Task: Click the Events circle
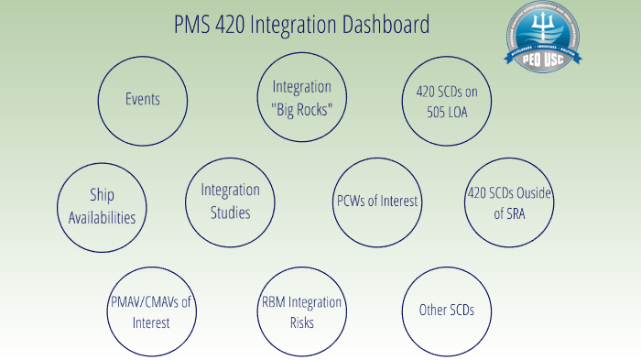point(142,99)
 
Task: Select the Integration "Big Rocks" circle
point(301,97)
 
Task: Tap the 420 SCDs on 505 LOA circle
point(448,100)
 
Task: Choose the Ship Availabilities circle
point(102,206)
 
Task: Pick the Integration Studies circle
point(230,202)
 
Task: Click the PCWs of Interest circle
point(376,202)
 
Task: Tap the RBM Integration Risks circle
point(301,312)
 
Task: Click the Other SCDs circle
point(447,311)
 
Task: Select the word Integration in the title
point(291,25)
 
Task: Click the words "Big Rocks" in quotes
point(301,108)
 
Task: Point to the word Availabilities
point(102,218)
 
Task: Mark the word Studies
point(230,213)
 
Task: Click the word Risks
point(301,322)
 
